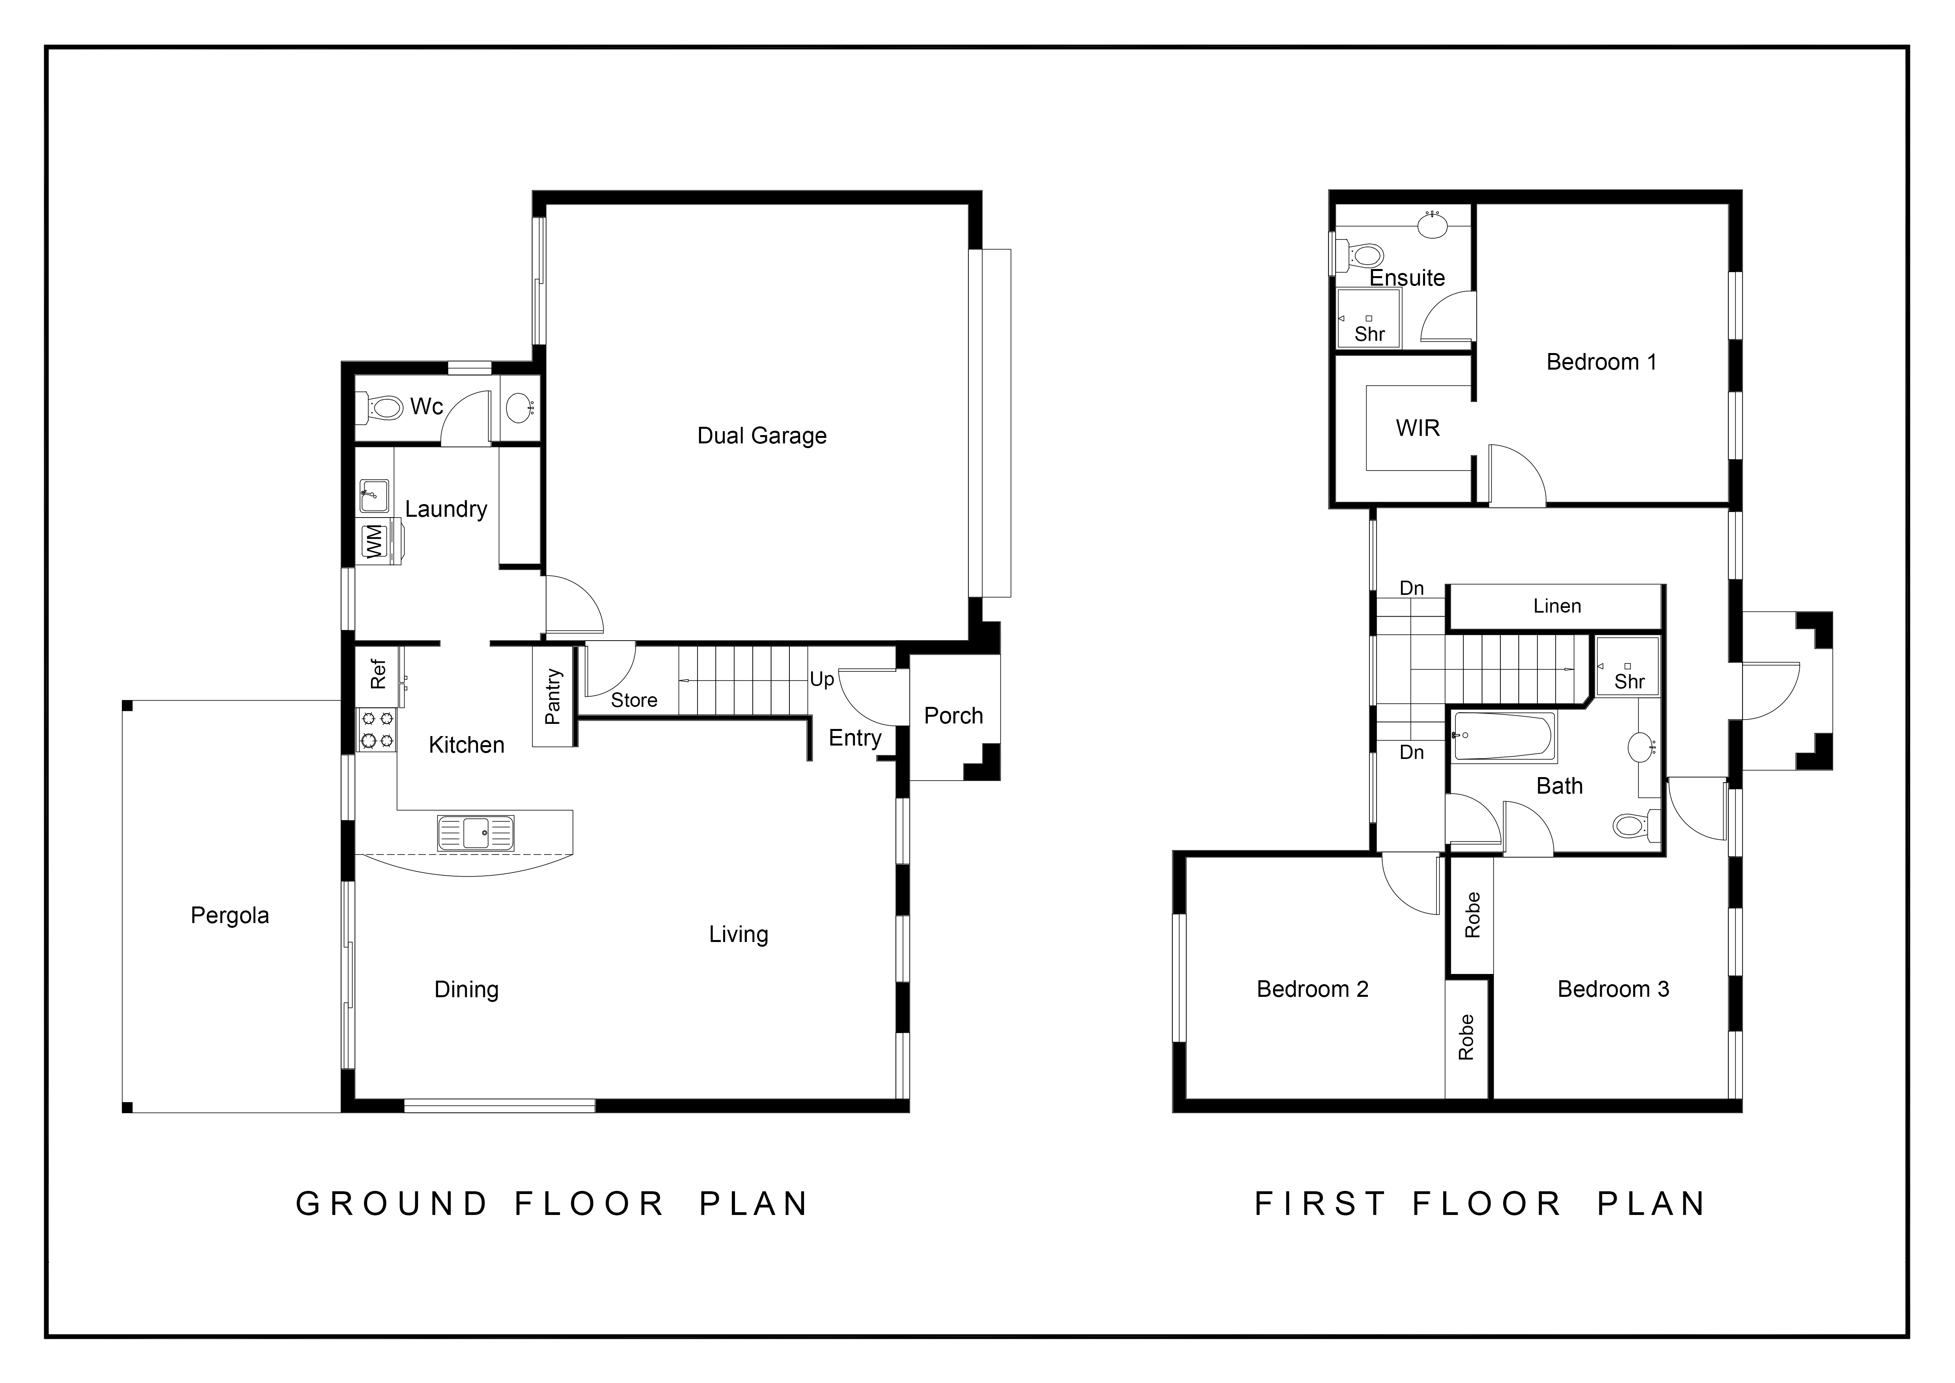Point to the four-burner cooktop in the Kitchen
(x=376, y=730)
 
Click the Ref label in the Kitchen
(x=378, y=674)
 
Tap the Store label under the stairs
(x=634, y=700)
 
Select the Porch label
(x=954, y=715)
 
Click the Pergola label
(x=230, y=916)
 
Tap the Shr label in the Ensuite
(x=1370, y=334)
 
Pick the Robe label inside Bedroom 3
(x=1472, y=915)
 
